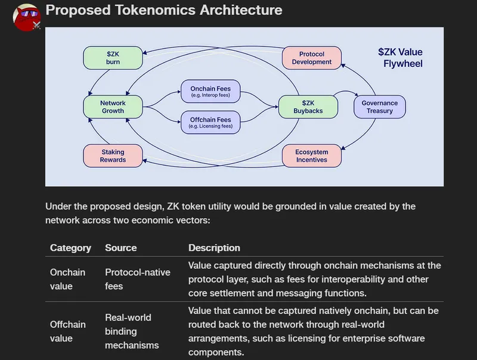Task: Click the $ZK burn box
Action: click(113, 58)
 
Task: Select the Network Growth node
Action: click(113, 107)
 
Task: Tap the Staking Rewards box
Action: click(113, 156)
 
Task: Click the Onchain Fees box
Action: click(210, 92)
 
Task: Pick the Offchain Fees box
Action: click(210, 122)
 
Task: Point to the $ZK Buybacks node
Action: click(308, 107)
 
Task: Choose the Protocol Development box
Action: click(311, 58)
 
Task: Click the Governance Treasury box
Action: click(380, 107)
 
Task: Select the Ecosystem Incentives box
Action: click(311, 156)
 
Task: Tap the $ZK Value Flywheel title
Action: click(400, 57)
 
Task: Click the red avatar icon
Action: click(26, 17)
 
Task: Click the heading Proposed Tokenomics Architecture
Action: click(164, 10)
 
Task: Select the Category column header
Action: click(70, 248)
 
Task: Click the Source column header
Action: click(120, 248)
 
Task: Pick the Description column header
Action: click(214, 248)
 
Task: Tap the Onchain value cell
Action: click(67, 279)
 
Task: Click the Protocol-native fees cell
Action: click(137, 279)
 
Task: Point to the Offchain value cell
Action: click(67, 331)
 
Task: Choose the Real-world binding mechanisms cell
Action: click(132, 331)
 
